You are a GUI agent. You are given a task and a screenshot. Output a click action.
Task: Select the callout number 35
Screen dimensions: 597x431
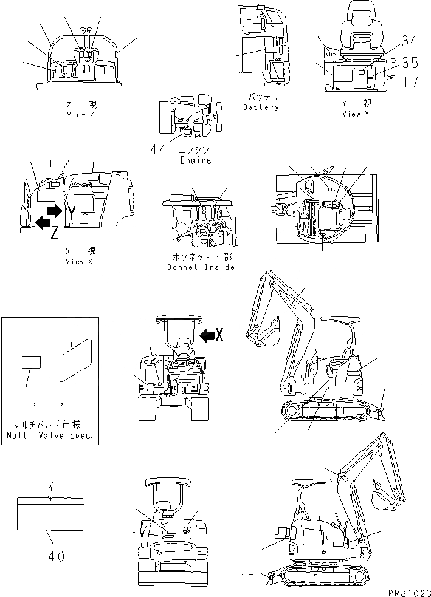click(409, 62)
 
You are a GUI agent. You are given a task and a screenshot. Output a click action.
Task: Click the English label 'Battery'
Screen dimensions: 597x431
click(261, 107)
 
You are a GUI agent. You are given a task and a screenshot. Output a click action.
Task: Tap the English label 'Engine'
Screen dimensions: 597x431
click(196, 160)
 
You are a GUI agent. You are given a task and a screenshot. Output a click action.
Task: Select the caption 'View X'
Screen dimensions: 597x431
click(79, 261)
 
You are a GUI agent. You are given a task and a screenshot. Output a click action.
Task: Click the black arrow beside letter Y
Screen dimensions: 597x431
click(54, 211)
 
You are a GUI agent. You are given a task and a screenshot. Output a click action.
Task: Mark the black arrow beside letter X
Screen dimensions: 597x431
click(207, 333)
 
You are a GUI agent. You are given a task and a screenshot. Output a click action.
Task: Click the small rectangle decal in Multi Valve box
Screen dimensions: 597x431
click(32, 363)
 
